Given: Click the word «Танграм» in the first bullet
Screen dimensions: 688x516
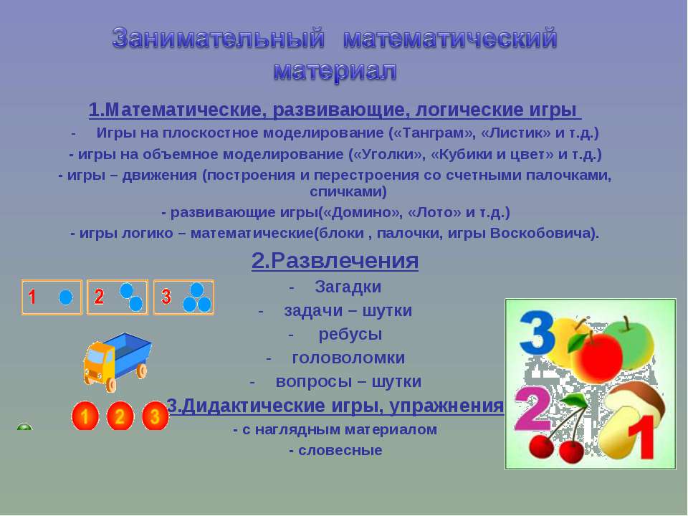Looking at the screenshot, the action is [x=433, y=133].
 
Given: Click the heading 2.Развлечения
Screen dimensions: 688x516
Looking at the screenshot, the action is [x=335, y=261].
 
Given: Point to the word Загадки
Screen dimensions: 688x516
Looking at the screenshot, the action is [x=348, y=287].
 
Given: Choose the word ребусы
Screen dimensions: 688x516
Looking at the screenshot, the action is [x=350, y=335].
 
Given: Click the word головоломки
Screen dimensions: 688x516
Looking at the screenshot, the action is [x=348, y=358].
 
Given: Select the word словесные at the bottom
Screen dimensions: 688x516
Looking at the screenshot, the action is [x=340, y=450].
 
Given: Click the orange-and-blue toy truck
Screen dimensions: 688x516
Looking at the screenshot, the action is [x=117, y=361].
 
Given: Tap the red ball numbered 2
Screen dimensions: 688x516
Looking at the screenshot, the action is [x=120, y=416].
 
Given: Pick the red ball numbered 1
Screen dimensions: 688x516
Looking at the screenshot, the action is [x=85, y=416].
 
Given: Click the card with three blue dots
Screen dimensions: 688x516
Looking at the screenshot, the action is [x=184, y=297].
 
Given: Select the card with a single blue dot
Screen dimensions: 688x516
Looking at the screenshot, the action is [x=52, y=297].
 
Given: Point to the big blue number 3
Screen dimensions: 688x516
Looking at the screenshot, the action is [x=537, y=333].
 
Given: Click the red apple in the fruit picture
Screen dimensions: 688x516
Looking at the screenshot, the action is [x=596, y=356].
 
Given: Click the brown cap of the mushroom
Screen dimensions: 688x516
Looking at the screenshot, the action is [x=636, y=397].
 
